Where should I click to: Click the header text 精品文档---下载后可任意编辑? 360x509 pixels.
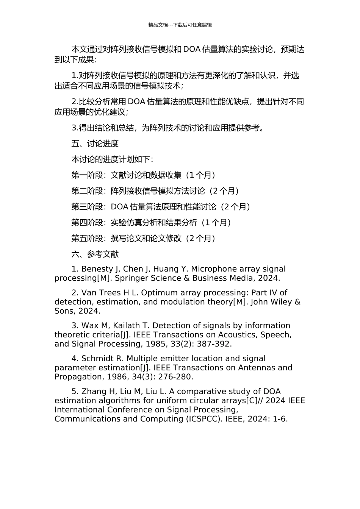pyautogui.click(x=180, y=25)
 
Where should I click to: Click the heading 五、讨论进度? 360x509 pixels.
pyautogui.click(x=95, y=144)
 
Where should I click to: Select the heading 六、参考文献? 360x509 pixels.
pyautogui.click(x=95, y=254)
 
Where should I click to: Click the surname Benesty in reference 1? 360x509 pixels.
pyautogui.click(x=97, y=269)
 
